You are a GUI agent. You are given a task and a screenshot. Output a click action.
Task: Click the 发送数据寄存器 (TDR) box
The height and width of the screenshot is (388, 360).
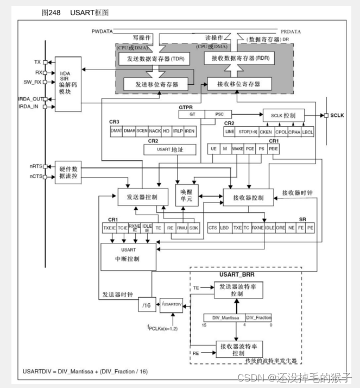coord(155,58)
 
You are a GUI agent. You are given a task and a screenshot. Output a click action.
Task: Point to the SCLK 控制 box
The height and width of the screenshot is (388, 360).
coord(283,115)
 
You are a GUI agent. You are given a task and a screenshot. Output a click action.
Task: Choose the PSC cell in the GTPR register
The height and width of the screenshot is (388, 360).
coord(219,114)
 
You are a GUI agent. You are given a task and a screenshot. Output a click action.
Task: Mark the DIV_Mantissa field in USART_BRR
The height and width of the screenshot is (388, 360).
coord(224,317)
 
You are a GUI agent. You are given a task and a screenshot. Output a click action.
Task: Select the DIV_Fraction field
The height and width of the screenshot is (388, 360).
coord(258,317)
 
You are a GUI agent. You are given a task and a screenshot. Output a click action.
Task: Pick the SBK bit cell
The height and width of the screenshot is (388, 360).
coord(194,228)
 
